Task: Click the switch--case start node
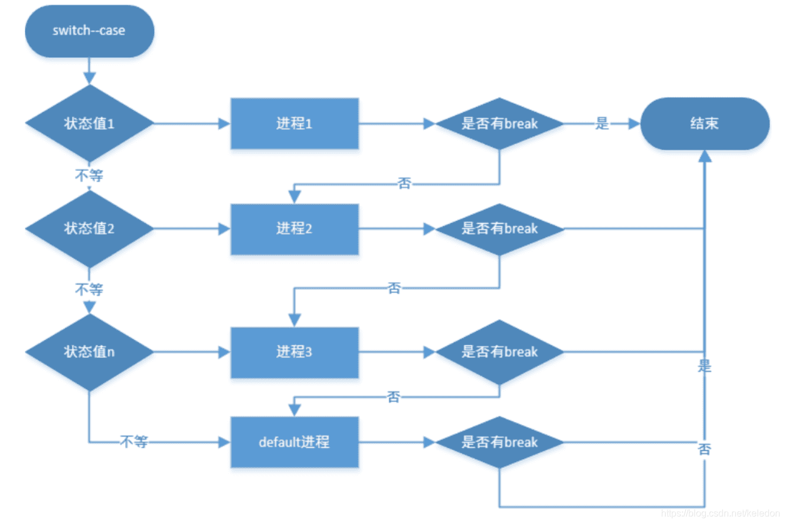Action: (89, 31)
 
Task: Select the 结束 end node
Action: (704, 124)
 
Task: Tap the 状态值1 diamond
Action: (89, 124)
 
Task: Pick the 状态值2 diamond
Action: (89, 229)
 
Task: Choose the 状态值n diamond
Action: (89, 352)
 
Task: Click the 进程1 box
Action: (295, 124)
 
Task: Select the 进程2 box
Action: (295, 229)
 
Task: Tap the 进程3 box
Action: (295, 352)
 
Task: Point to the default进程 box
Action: (295, 442)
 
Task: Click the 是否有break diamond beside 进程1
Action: (499, 124)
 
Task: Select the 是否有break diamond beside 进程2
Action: (499, 229)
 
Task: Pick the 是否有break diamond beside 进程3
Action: (499, 352)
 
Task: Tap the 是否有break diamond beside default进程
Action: (499, 442)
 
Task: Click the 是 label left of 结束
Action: (602, 124)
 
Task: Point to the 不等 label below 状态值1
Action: (89, 175)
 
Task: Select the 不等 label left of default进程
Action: (134, 442)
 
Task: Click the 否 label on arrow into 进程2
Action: (405, 184)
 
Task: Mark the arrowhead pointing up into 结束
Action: (704, 155)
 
